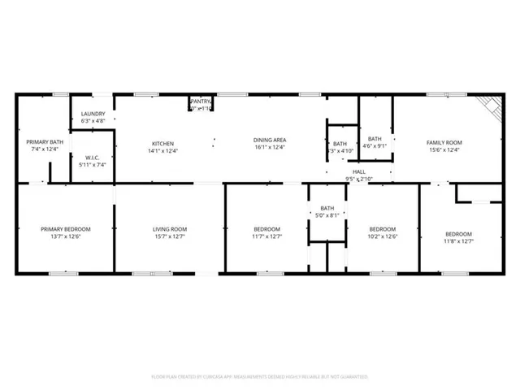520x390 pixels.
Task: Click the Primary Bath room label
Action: pos(39,141)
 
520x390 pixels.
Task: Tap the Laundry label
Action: pos(92,114)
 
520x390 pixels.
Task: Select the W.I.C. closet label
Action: pos(92,158)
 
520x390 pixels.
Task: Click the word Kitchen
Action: pos(162,141)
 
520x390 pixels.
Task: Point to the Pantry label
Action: pos(201,101)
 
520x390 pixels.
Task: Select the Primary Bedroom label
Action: pos(66,228)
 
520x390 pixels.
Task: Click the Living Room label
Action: pos(170,228)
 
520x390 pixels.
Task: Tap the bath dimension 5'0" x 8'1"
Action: pos(327,215)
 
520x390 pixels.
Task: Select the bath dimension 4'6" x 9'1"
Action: pos(375,146)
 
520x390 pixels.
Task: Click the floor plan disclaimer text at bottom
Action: pos(260,377)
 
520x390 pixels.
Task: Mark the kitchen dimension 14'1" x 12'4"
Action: pos(162,149)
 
